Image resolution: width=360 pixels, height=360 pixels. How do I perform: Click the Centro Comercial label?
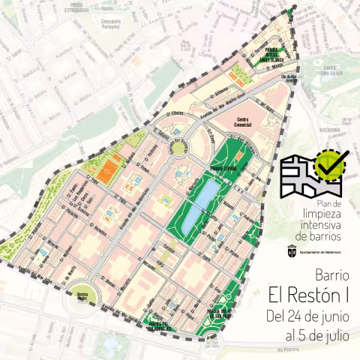241,122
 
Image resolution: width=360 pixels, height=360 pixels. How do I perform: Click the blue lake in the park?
199,204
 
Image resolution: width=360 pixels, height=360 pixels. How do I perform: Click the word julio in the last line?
334,335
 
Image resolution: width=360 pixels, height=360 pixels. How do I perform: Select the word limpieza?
319,214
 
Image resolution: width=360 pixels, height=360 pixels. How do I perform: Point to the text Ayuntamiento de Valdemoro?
324,253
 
